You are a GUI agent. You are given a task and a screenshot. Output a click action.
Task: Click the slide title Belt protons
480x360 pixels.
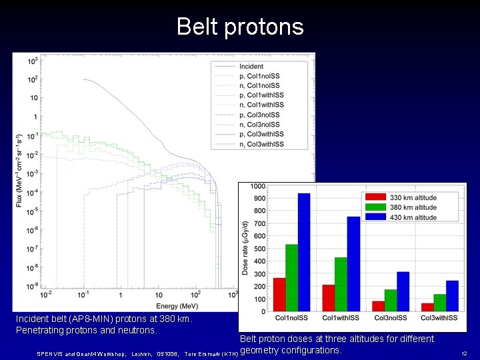coord(240,27)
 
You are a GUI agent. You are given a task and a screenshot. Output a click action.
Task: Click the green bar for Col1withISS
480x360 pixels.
coord(341,284)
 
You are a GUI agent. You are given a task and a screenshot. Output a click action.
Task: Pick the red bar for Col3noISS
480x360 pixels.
coord(378,306)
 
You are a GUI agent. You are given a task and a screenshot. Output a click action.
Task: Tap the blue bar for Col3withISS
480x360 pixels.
coord(452,295)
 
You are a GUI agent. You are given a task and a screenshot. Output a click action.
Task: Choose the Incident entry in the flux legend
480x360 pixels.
coord(251,67)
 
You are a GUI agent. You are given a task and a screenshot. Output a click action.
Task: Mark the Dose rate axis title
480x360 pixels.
coord(244,249)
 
